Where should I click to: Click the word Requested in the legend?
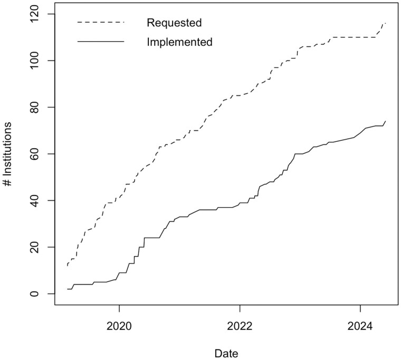point(175,23)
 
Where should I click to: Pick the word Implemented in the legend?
point(180,42)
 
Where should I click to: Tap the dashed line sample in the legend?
point(100,23)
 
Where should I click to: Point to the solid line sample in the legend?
point(100,42)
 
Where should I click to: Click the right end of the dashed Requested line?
point(386,23)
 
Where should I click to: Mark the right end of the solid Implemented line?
point(386,121)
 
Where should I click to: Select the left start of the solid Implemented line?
point(68,289)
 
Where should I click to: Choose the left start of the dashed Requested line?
point(68,266)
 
